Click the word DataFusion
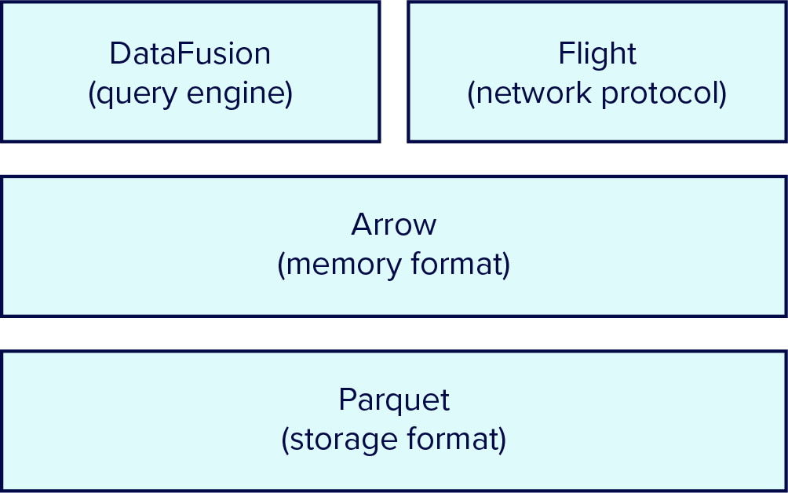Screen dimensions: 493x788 190,54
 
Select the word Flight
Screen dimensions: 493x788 597,54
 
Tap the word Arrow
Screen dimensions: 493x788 394,225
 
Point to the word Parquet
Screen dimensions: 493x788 394,400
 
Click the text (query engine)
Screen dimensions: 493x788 190,94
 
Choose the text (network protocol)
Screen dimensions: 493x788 597,94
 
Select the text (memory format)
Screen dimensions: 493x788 394,265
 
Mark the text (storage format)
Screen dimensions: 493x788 394,440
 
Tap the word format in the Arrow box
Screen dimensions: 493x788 458,265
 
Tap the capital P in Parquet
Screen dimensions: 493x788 346,400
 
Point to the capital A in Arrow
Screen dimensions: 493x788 361,225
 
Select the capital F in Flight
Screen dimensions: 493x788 565,54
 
